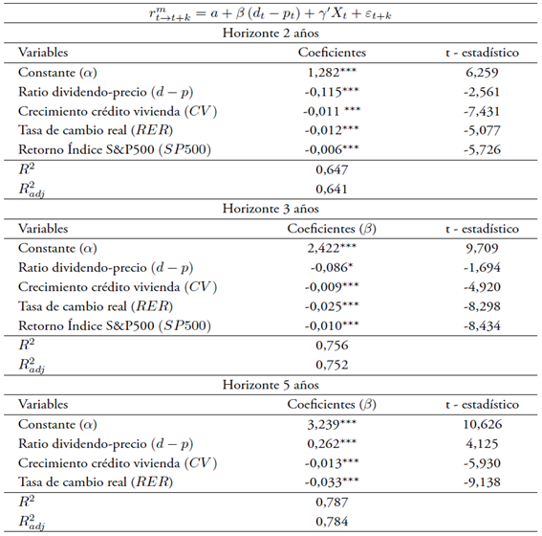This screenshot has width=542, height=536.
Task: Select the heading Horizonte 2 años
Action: (270, 33)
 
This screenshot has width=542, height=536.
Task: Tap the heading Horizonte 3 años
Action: (270, 209)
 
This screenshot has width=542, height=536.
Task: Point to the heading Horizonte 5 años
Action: (270, 384)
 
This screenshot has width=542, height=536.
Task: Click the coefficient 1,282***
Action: (332, 72)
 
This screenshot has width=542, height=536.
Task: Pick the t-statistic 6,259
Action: (482, 72)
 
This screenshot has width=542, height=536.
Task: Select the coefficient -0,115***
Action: (332, 92)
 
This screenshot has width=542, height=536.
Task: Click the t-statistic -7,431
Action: (482, 111)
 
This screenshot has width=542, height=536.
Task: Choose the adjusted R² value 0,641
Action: (331, 190)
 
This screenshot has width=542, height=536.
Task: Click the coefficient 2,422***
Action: (332, 248)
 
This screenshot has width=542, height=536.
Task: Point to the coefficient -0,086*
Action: (331, 267)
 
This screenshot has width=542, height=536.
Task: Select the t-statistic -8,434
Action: (482, 325)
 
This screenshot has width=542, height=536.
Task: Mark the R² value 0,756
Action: (331, 346)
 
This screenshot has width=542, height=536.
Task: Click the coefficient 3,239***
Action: (332, 423)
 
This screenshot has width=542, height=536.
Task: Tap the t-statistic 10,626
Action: (482, 423)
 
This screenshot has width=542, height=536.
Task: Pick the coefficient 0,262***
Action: (332, 443)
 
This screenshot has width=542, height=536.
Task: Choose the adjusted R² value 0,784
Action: (331, 521)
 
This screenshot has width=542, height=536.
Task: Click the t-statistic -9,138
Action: (482, 481)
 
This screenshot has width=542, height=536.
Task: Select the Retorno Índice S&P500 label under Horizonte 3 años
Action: (114, 325)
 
